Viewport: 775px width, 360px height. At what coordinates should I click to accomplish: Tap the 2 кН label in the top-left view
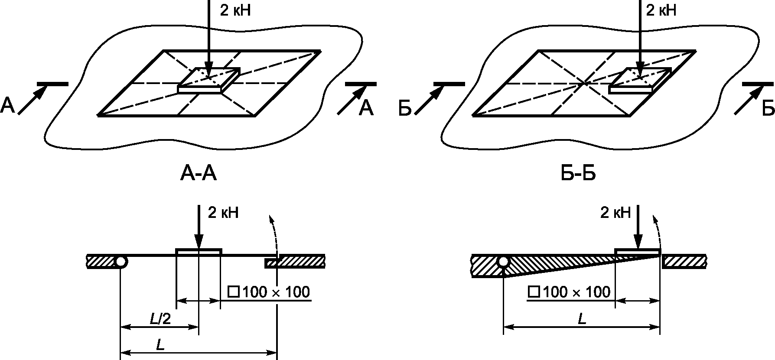point(235,10)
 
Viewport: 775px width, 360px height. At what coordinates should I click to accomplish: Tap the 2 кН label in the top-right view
point(661,10)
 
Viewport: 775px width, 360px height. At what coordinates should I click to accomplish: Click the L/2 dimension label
point(160,319)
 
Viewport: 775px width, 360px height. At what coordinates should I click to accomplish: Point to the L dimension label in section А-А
point(160,345)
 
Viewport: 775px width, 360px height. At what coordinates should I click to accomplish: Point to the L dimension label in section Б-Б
point(582,319)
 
